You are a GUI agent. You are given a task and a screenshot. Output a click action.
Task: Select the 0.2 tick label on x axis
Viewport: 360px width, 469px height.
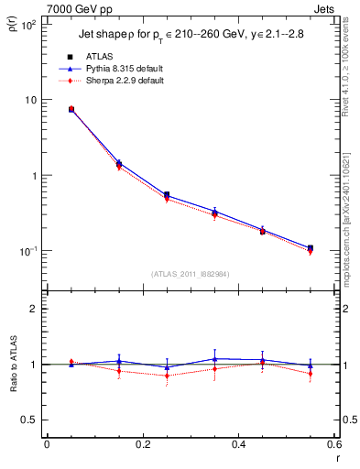(x=142, y=445)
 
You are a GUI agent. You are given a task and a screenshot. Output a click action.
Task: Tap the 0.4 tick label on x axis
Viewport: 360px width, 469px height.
(x=238, y=445)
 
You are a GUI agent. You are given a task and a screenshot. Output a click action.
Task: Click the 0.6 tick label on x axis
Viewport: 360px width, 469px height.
(x=333, y=445)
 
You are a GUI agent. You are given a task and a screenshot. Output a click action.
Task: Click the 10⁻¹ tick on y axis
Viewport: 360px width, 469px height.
(x=28, y=251)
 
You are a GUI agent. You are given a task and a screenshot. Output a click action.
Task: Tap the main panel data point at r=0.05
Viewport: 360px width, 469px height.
(x=71, y=109)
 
